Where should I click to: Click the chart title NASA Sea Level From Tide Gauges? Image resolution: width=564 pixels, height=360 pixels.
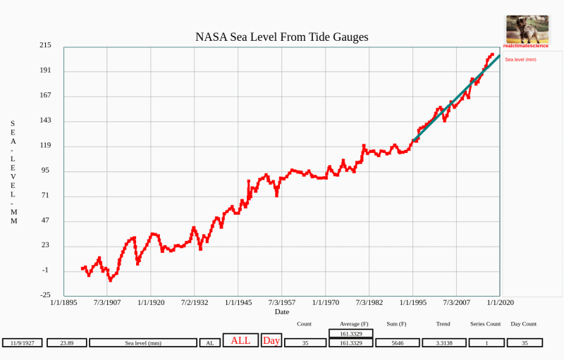click(281, 37)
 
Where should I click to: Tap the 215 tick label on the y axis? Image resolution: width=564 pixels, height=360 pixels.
click(45, 45)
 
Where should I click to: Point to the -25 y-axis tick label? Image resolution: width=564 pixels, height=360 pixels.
click(45, 295)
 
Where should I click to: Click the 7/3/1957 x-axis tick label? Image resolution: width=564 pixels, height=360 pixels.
click(281, 303)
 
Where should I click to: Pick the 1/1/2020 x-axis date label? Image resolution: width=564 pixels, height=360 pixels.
click(500, 303)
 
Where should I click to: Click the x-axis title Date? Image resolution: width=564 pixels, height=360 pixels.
click(281, 311)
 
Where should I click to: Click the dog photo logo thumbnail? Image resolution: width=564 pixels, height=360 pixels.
click(527, 29)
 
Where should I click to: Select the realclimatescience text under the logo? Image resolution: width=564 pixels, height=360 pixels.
click(526, 46)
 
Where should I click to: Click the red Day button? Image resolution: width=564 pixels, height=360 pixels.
click(271, 340)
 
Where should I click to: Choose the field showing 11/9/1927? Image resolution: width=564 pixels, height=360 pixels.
click(23, 343)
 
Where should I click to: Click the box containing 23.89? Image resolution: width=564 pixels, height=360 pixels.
click(66, 343)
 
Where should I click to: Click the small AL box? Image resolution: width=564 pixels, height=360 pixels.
click(209, 343)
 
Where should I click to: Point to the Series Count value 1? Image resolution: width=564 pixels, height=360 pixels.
click(485, 343)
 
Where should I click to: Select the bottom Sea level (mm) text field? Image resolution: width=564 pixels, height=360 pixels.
click(143, 343)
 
